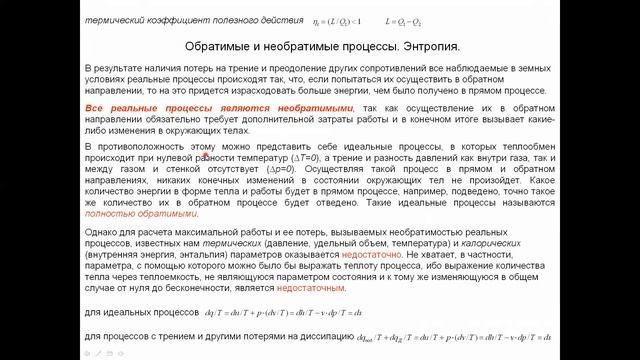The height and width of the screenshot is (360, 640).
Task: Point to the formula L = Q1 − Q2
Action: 409,20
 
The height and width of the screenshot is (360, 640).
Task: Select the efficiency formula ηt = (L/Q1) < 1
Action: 337,20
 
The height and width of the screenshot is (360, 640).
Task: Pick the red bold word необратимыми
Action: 310,107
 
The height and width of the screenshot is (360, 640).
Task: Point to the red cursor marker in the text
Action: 205,154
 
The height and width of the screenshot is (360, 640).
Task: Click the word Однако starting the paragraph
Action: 102,231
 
